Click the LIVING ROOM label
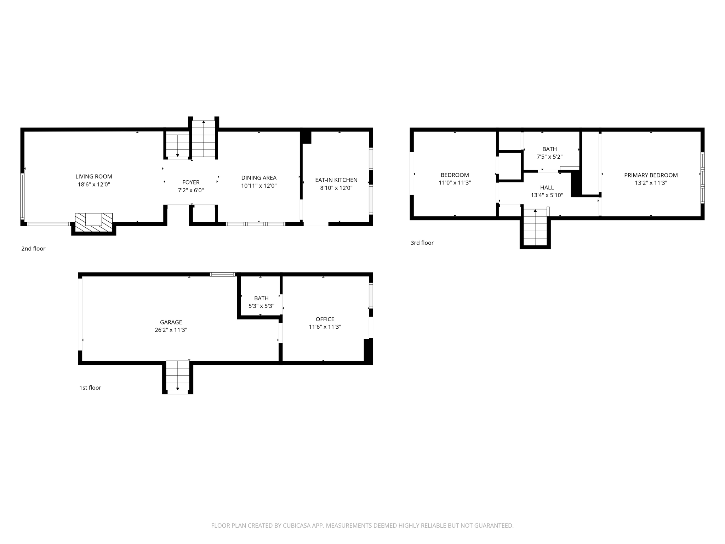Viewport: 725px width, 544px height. click(x=94, y=176)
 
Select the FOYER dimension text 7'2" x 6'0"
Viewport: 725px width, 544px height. click(x=191, y=190)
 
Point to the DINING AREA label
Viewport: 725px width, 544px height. click(x=259, y=178)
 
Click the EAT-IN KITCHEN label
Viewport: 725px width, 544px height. click(x=336, y=180)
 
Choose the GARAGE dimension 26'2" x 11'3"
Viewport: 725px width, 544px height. click(x=171, y=330)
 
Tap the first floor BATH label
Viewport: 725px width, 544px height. click(x=261, y=298)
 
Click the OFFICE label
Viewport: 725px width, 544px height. click(x=325, y=319)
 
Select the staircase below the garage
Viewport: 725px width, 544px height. click(x=178, y=376)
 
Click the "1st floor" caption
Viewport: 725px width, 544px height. click(x=90, y=387)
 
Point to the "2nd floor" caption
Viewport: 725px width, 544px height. click(x=33, y=249)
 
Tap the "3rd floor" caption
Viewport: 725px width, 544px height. click(x=422, y=243)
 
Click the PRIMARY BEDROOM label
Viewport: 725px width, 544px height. click(x=651, y=175)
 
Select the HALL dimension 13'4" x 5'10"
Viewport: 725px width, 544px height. click(x=547, y=195)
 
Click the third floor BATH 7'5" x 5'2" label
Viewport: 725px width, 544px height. click(x=549, y=149)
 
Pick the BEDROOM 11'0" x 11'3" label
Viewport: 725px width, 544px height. click(x=455, y=175)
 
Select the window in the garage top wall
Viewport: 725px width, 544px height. click(x=222, y=274)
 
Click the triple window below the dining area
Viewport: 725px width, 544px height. click(x=256, y=224)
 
